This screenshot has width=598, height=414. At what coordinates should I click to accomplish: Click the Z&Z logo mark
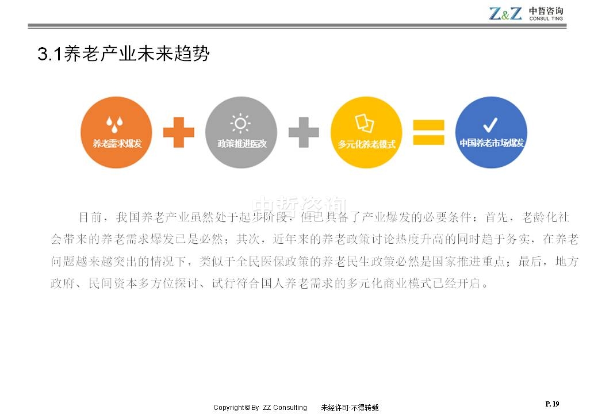(505, 14)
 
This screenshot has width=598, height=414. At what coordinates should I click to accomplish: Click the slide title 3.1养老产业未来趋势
(124, 53)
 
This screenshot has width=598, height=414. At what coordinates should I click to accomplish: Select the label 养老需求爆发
(117, 144)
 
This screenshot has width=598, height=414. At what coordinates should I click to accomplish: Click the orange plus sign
(178, 132)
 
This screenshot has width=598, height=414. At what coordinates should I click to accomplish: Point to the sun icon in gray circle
(240, 124)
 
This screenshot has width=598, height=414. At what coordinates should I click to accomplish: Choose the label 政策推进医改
(242, 144)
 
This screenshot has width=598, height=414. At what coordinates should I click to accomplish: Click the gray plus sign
(304, 132)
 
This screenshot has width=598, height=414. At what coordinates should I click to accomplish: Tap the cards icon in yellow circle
(365, 123)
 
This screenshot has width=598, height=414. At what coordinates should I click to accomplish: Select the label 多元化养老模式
(366, 144)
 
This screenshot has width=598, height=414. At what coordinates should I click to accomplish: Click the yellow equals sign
(429, 132)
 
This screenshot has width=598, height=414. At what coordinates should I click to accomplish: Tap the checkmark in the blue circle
(490, 125)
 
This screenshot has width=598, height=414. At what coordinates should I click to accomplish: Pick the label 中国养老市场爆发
(492, 143)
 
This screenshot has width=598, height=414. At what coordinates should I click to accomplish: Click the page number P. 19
(552, 404)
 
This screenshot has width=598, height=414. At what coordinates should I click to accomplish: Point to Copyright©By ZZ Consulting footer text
(260, 408)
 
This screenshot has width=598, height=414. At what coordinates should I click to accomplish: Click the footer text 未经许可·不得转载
(350, 408)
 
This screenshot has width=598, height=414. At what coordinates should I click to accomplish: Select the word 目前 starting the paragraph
(90, 217)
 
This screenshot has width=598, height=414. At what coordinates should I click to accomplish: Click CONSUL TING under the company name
(546, 18)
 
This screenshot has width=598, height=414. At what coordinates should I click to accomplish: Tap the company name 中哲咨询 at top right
(546, 10)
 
